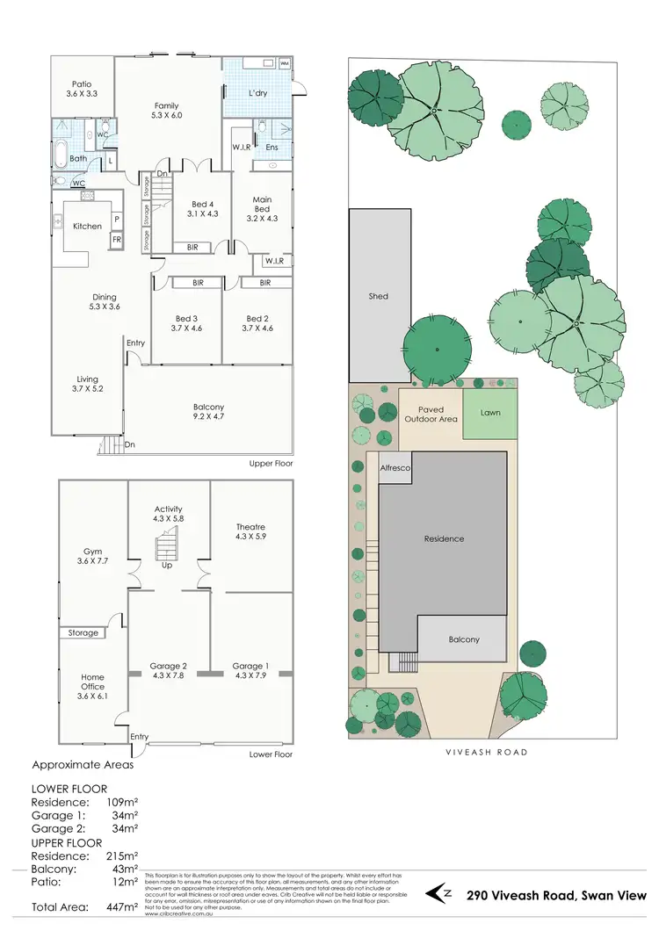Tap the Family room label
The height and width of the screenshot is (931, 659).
pyautogui.click(x=167, y=110)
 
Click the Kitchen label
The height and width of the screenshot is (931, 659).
pyautogui.click(x=87, y=227)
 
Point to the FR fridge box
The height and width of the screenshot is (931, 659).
pyautogui.click(x=115, y=239)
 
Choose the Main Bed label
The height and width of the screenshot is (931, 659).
pyautogui.click(x=262, y=209)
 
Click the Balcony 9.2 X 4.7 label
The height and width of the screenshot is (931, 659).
pyautogui.click(x=208, y=413)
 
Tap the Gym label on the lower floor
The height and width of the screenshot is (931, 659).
pyautogui.click(x=92, y=554)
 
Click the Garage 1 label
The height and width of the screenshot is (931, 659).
pyautogui.click(x=250, y=672)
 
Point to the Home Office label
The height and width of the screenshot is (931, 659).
pyautogui.click(x=92, y=682)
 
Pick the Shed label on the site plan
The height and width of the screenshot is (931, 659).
pyautogui.click(x=378, y=297)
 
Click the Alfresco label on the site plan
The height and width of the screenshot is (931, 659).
pyautogui.click(x=395, y=469)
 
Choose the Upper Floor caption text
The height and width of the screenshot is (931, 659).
pyautogui.click(x=271, y=463)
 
